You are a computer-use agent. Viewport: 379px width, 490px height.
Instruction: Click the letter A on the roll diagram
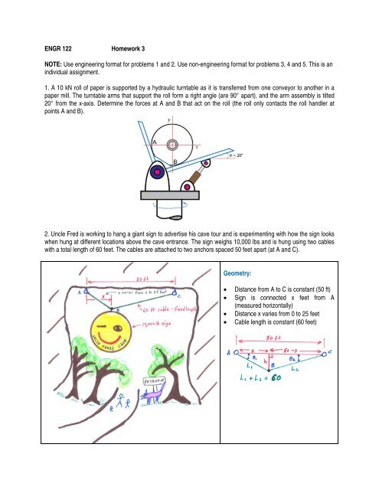click(x=154, y=143)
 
